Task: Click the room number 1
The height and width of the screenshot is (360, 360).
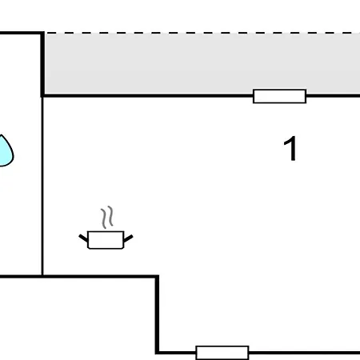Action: [x=290, y=148]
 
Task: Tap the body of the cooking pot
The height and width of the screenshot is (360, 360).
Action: [x=106, y=240]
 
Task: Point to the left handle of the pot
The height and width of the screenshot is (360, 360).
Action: [x=83, y=238]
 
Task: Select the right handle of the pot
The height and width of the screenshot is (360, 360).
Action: [x=128, y=238]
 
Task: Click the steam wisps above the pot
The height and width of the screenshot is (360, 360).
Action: [x=107, y=218]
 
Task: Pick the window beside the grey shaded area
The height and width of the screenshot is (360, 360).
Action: [x=279, y=96]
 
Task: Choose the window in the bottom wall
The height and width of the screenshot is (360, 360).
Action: [x=222, y=353]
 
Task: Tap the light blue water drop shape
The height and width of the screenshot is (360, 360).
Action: [x=6, y=151]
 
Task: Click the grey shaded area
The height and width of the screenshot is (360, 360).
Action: [x=202, y=63]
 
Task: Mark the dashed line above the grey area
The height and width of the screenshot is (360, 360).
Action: [x=202, y=33]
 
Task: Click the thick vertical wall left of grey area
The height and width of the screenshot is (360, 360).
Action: [x=42, y=64]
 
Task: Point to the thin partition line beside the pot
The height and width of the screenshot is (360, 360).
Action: [x=42, y=186]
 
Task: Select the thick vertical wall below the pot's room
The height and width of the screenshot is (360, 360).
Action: [x=158, y=314]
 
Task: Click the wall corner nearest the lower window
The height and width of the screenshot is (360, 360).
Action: [x=158, y=353]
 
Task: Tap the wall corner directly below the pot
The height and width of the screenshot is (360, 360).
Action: [x=157, y=277]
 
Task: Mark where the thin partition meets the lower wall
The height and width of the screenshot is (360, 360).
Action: [x=42, y=277]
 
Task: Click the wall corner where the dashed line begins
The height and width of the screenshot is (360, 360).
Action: [x=42, y=33]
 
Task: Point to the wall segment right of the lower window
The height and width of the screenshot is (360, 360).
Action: [x=304, y=353]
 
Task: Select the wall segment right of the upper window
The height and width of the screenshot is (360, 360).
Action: [x=333, y=95]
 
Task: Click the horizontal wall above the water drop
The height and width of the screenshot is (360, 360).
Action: [x=22, y=33]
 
